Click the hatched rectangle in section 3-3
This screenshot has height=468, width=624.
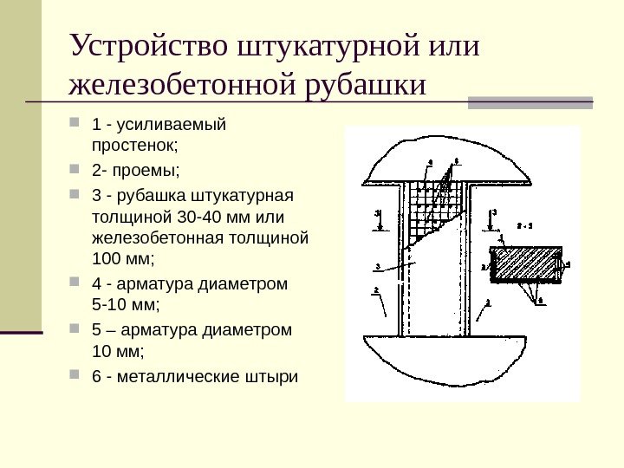tap(523, 263)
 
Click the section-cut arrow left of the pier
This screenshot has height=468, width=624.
tap(379, 222)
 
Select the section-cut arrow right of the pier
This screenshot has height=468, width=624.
tap(493, 222)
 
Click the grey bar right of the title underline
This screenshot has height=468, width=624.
tap(530, 101)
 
